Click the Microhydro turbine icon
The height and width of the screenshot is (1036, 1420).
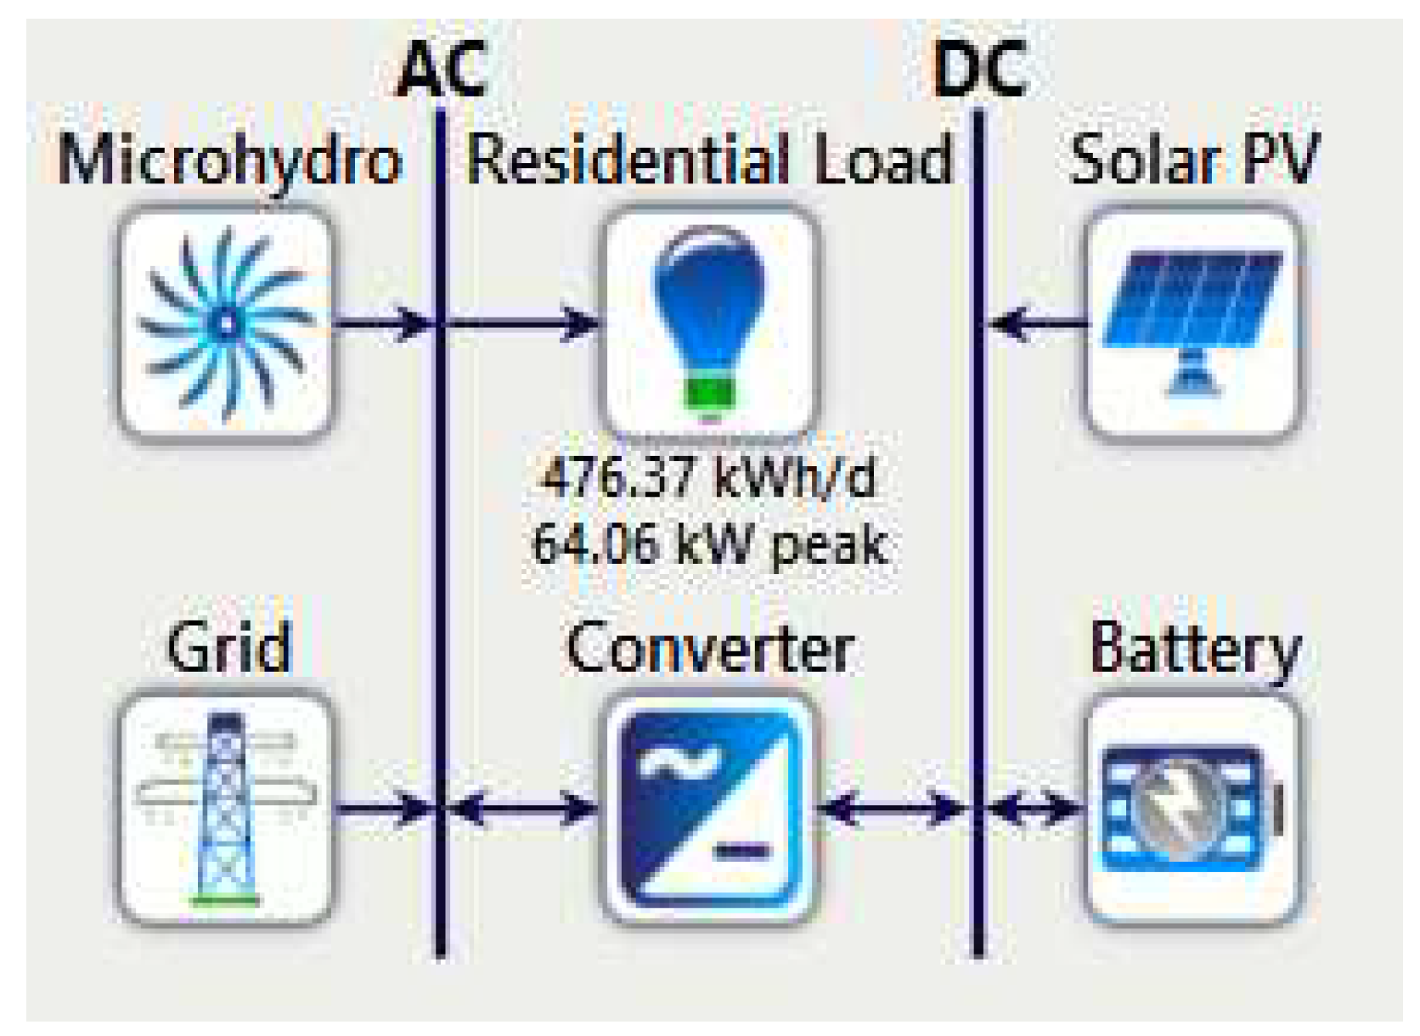(225, 323)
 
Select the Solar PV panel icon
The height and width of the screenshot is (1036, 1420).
(1194, 323)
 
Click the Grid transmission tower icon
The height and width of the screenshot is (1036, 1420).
(225, 808)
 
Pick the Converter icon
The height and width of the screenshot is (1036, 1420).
(709, 808)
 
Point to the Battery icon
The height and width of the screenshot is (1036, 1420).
(1194, 808)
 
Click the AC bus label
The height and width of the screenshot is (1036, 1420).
(442, 70)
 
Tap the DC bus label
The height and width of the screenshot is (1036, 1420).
(979, 70)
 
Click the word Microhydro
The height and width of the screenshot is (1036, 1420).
(229, 161)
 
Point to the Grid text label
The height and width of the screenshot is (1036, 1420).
(228, 647)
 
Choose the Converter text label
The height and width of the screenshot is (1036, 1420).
(710, 649)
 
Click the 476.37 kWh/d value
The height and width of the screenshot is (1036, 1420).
(709, 478)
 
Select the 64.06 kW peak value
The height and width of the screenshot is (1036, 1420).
(709, 543)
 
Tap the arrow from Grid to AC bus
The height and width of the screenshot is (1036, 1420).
(384, 808)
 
